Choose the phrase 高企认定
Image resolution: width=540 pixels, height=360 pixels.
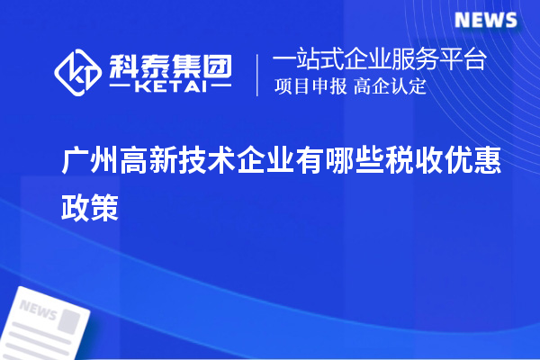pyautogui.click(x=389, y=86)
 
